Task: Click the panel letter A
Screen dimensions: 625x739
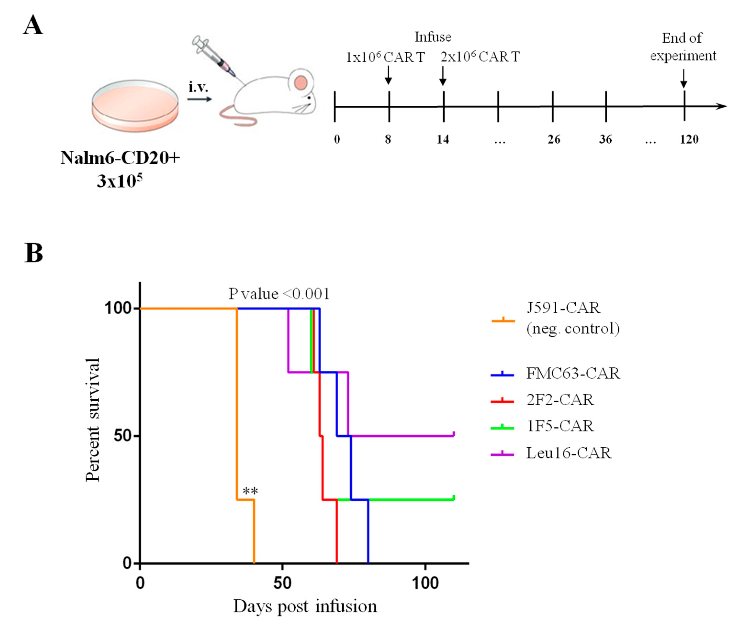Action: click(x=33, y=26)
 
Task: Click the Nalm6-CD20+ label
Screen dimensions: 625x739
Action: click(x=120, y=158)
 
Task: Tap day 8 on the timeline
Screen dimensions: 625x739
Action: click(x=388, y=139)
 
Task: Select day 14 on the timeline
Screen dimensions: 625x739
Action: click(x=443, y=139)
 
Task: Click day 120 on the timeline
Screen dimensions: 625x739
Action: click(x=689, y=139)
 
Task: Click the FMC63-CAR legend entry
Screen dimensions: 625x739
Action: click(x=573, y=373)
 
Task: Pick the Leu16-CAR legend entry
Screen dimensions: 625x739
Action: click(x=569, y=453)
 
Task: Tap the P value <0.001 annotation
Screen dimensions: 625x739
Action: click(x=279, y=294)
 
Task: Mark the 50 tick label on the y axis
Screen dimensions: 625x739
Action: click(x=122, y=436)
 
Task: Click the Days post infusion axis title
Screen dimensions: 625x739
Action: click(x=305, y=606)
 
